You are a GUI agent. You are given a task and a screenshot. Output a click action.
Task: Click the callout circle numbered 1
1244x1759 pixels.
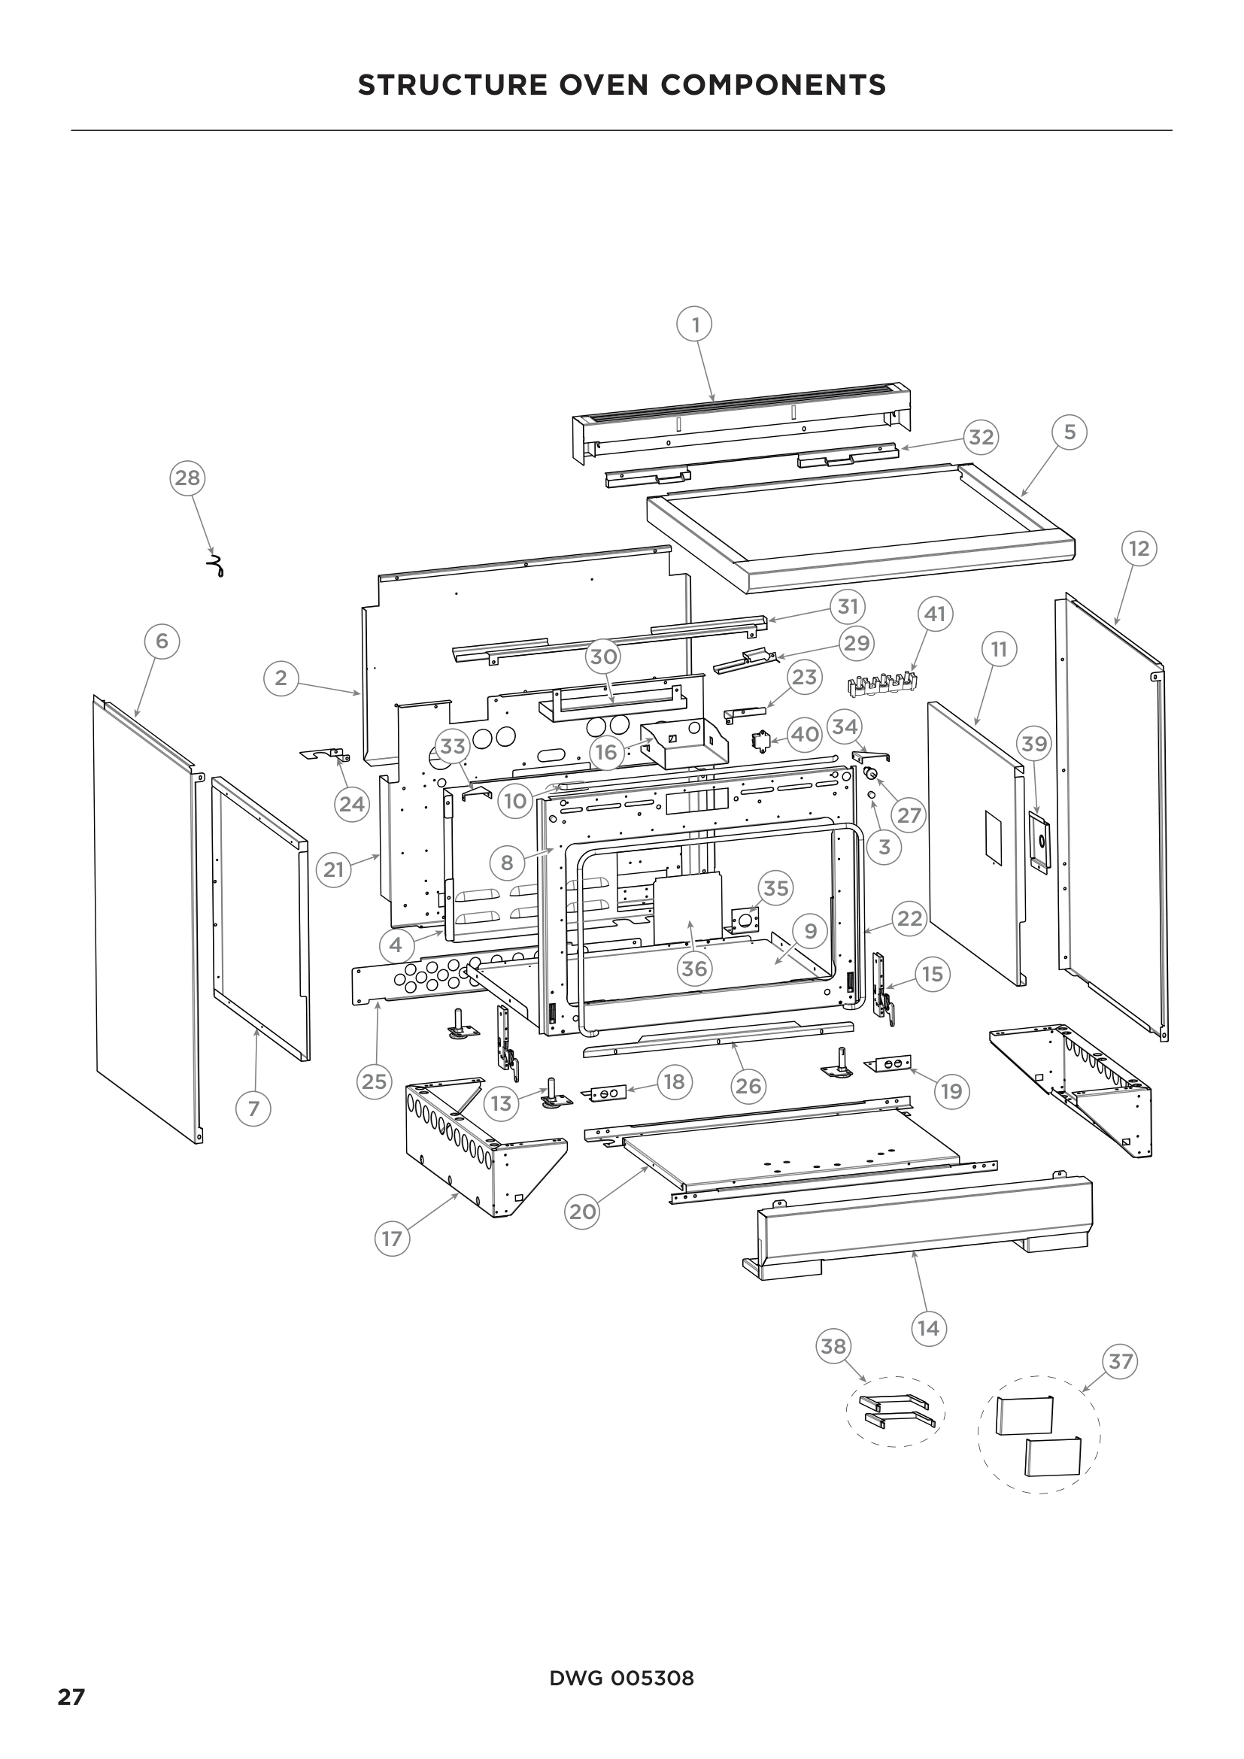click(x=695, y=325)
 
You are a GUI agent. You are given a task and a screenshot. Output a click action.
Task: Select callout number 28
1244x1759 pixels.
click(x=187, y=478)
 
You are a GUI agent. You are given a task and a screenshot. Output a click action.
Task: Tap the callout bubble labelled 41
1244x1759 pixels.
click(x=935, y=614)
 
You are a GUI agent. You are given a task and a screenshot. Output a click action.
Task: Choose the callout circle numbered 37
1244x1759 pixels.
click(x=1120, y=1361)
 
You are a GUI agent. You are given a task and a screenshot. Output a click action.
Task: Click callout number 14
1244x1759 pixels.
click(x=928, y=1327)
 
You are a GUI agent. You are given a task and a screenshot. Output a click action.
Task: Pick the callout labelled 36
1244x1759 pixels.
click(x=694, y=969)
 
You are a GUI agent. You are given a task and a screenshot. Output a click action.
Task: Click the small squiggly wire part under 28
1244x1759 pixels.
click(x=217, y=566)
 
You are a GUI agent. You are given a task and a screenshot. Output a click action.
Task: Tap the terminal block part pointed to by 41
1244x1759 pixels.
click(x=882, y=683)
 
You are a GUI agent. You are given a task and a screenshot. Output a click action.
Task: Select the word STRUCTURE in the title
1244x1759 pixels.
click(x=452, y=84)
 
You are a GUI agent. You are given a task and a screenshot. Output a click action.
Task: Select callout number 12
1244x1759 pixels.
click(x=1139, y=548)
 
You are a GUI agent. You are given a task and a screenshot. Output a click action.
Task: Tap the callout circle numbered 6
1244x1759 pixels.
click(x=162, y=641)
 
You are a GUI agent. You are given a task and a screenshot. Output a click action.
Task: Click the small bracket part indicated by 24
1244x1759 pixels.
click(x=326, y=755)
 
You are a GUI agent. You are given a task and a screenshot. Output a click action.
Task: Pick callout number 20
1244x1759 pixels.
click(x=582, y=1212)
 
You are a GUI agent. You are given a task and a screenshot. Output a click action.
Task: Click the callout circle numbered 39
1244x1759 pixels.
click(x=1034, y=743)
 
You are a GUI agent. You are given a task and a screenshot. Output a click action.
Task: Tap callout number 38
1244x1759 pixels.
click(x=833, y=1345)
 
